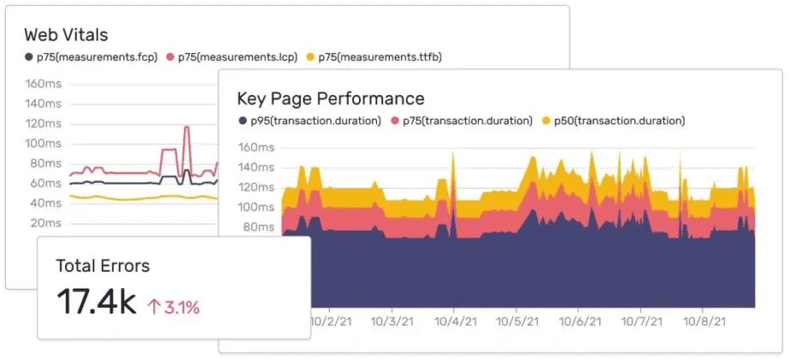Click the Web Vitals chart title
[x=65, y=35]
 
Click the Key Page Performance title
[x=330, y=99]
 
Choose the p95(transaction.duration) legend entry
[x=309, y=121]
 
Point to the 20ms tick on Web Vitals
[x=45, y=223]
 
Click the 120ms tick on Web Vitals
[x=43, y=123]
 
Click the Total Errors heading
[x=102, y=266]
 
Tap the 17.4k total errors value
[x=96, y=302]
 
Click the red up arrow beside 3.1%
[x=154, y=307]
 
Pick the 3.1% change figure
[x=182, y=307]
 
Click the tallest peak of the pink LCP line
[x=187, y=128]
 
